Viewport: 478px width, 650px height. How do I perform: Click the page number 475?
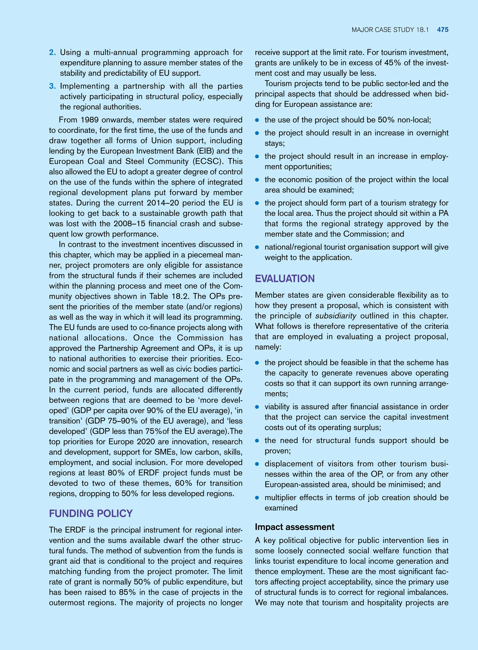point(443,30)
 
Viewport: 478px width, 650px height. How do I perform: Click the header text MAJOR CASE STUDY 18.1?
point(390,30)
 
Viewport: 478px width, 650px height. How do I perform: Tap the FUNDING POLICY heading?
point(91,513)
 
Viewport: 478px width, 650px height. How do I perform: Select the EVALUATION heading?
point(285,279)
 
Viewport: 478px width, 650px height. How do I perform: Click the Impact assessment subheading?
point(294,527)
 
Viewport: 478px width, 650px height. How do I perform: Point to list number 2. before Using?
point(52,52)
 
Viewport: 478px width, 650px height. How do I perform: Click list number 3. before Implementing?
point(52,86)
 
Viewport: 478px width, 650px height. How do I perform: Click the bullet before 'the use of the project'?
point(257,120)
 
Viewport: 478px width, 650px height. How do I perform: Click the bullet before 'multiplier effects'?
point(257,498)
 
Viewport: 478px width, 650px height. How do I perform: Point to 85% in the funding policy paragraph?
point(127,592)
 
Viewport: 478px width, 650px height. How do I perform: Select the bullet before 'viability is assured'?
point(257,407)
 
